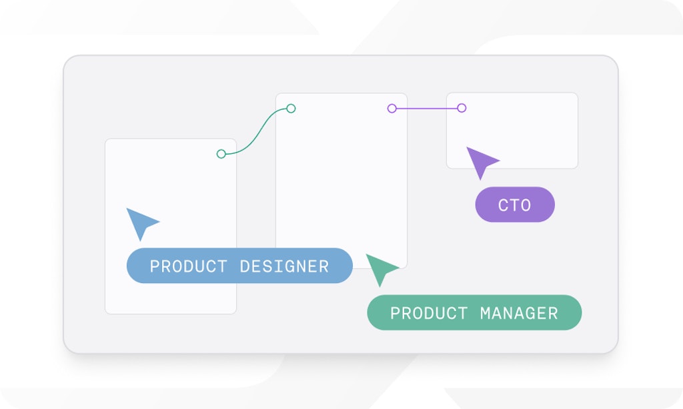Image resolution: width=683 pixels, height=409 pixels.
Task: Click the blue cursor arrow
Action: [x=140, y=222]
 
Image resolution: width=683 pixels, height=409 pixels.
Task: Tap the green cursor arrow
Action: [x=380, y=268]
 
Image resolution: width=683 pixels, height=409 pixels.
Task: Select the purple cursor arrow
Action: [x=480, y=161]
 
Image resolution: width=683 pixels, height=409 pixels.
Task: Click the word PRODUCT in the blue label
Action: [x=188, y=266]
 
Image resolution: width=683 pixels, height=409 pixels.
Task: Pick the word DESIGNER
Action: [x=284, y=266]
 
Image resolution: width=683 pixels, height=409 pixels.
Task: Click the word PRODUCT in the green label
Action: [x=429, y=313]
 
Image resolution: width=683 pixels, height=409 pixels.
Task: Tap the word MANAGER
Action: [x=519, y=313]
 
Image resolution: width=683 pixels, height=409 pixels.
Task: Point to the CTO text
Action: [x=514, y=205]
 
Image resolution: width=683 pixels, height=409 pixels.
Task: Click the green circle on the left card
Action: [x=221, y=154]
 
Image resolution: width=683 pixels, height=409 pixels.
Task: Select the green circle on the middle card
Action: [x=291, y=109]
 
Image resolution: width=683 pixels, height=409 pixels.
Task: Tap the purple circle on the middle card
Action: [x=392, y=109]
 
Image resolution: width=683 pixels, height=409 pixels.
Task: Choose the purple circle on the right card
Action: [x=462, y=108]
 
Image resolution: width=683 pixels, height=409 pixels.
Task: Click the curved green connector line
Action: [x=257, y=131]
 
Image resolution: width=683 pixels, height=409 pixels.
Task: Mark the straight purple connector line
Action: [x=427, y=109]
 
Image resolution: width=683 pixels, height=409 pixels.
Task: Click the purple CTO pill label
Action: [x=515, y=204]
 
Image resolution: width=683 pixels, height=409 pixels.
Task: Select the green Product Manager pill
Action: [x=474, y=312]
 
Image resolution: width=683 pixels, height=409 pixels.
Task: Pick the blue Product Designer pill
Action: [x=239, y=265]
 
